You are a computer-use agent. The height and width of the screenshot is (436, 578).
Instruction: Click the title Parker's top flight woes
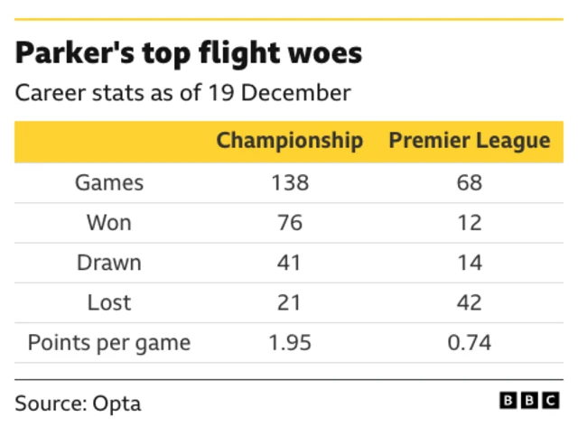188,53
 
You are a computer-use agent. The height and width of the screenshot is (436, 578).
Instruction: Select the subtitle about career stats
182,93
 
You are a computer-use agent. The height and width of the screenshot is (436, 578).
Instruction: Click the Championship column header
290,141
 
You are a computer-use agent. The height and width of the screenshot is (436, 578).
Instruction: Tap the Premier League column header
469,141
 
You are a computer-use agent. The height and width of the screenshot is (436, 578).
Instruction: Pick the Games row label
108,182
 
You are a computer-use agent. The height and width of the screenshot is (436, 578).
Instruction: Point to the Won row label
108,222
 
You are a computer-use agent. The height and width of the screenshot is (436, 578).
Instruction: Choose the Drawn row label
108,263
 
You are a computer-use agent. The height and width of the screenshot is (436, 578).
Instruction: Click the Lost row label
108,302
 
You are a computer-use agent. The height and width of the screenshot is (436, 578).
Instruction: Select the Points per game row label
108,343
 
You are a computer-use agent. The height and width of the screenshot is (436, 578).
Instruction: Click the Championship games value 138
290,182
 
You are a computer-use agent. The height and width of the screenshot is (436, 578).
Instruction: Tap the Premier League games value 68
469,182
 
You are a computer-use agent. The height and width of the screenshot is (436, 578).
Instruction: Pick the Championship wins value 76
290,222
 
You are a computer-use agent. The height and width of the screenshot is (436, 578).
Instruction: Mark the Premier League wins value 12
469,222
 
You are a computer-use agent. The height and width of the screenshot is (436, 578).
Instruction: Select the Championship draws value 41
290,263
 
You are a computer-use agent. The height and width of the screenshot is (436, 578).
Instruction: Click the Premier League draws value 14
469,263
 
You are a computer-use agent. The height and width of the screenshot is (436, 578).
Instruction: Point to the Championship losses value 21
290,302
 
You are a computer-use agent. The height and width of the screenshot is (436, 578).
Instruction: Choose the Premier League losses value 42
469,302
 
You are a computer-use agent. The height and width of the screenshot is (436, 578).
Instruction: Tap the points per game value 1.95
290,343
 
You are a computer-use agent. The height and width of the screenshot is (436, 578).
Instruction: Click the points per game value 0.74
469,343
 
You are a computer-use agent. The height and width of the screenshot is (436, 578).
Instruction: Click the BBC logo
530,401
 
